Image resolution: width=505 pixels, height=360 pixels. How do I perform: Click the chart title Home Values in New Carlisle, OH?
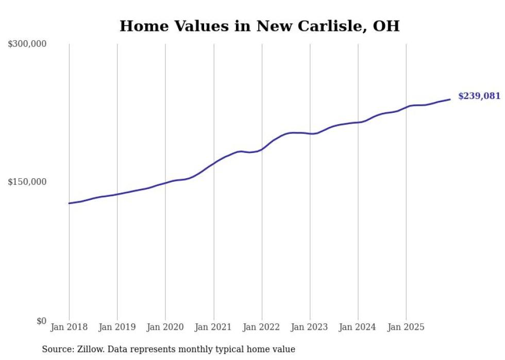[x=259, y=26]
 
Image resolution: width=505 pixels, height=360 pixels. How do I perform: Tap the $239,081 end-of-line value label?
[x=479, y=96]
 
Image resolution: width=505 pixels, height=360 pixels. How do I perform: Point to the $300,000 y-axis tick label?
[x=27, y=44]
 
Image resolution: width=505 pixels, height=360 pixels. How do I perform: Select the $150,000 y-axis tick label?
[x=27, y=182]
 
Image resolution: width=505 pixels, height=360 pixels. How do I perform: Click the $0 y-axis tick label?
[x=41, y=321]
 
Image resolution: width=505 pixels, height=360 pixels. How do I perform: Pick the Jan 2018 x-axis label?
[x=69, y=327]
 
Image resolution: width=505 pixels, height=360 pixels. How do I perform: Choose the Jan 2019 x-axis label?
[x=117, y=327]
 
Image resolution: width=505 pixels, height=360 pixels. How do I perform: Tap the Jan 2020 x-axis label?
[x=165, y=327]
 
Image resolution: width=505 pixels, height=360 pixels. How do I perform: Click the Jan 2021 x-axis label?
[x=213, y=327]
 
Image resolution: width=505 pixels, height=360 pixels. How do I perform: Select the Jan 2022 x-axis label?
[x=262, y=327]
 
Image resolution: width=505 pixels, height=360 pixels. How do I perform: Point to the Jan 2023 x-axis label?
[x=310, y=327]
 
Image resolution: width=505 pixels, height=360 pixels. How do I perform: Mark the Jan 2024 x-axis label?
[x=358, y=327]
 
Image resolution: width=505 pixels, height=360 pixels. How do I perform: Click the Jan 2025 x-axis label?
[x=406, y=327]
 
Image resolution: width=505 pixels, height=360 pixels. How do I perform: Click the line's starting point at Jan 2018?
[x=69, y=203]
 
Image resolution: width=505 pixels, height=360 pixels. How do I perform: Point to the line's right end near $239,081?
[x=450, y=99]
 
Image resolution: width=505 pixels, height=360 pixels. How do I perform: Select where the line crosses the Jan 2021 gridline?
[x=213, y=163]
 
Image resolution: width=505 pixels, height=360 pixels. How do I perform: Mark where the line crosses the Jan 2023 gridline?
[x=310, y=134]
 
